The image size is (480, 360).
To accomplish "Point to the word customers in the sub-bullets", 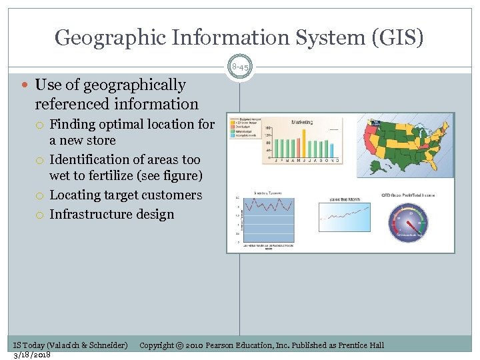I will [x=170, y=195].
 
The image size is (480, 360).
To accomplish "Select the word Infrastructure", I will [x=92, y=215].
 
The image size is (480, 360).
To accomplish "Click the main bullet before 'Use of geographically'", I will [x=25, y=85].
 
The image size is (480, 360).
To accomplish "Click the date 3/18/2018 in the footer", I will [x=32, y=354].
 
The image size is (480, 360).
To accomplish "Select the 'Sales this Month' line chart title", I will [x=345, y=199].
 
